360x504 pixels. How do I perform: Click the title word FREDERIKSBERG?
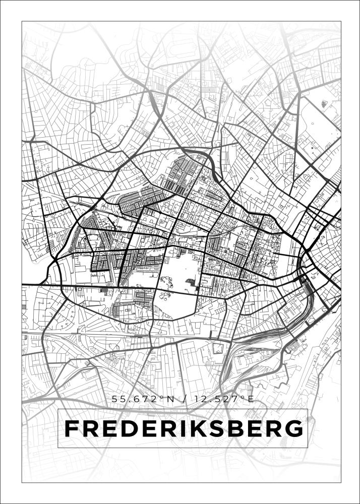coord(184,429)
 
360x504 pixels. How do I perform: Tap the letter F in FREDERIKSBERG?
coord(71,429)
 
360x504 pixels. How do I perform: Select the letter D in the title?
coord(127,429)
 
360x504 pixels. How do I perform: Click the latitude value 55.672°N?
coord(143,399)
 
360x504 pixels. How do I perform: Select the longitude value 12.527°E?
coord(223,399)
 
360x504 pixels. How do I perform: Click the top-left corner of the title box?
coord(58,409)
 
